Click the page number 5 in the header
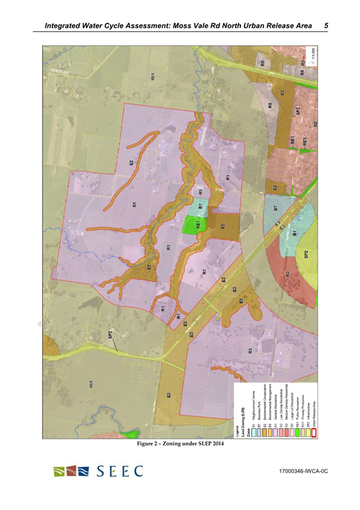coord(325,26)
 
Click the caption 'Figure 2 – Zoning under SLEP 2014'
coord(180,444)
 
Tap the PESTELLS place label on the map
coord(59,73)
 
